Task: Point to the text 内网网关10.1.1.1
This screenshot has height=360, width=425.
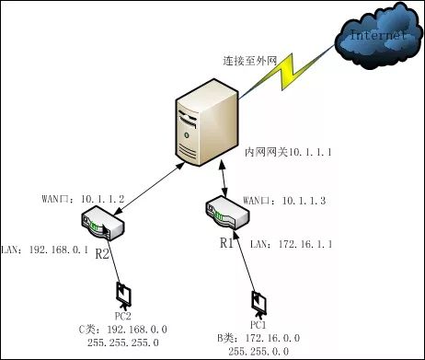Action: coord(287,149)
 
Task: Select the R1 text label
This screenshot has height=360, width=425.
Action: coord(226,244)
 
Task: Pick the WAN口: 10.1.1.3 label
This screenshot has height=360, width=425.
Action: coord(275,200)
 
